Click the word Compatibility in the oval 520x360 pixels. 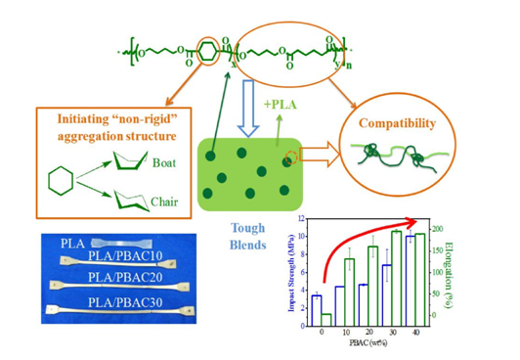click(399, 126)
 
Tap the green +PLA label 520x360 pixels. click(260, 105)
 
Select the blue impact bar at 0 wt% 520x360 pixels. click(316, 311)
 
